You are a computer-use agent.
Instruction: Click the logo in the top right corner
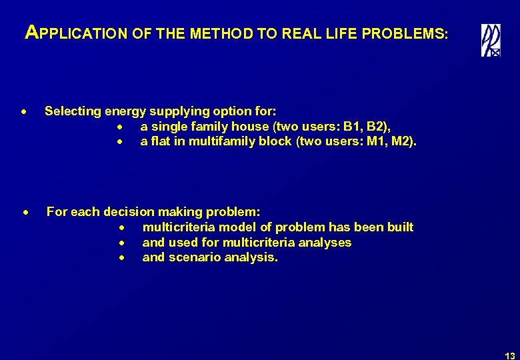[491, 40]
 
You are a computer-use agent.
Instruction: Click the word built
[399, 227]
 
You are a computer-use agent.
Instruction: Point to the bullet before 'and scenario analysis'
[123, 258]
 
